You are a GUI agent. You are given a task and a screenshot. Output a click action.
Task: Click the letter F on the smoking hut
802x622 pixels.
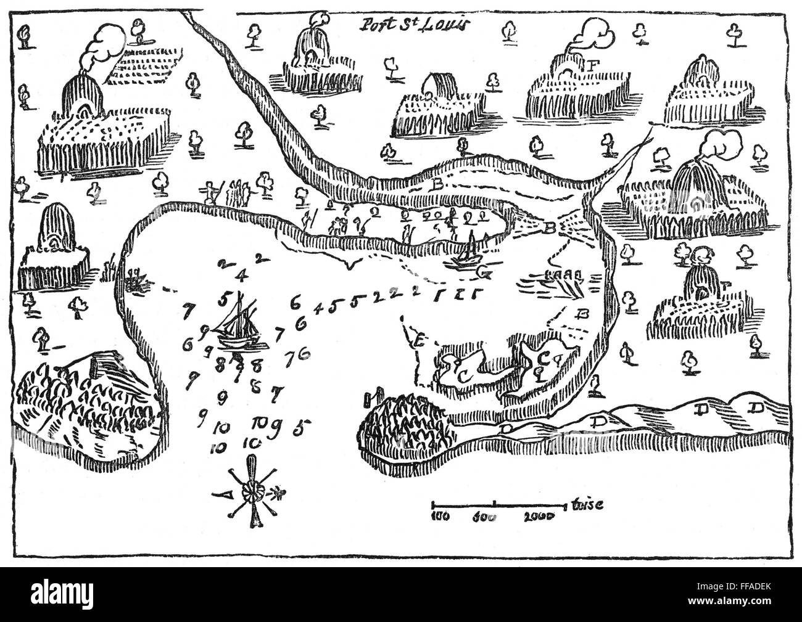594,63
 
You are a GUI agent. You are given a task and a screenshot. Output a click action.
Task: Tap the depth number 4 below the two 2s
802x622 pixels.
242,276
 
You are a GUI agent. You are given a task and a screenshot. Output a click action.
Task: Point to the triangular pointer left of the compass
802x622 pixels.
223,493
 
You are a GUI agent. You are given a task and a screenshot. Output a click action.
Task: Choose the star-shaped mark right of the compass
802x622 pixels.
281,493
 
